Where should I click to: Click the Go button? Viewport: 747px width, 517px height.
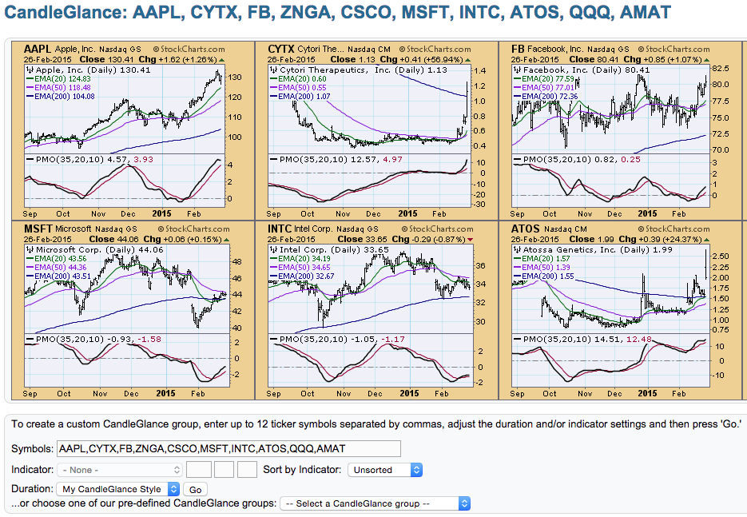click(195, 489)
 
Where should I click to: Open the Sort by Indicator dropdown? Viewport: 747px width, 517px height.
click(384, 470)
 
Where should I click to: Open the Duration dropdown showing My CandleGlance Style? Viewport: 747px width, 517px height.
click(119, 489)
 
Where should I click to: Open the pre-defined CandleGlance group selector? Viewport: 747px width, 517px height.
click(375, 503)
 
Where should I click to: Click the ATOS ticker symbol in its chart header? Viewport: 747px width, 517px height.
click(526, 229)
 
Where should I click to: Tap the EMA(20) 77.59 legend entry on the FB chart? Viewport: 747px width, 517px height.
click(546, 78)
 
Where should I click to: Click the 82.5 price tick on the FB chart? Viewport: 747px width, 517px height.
click(720, 69)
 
